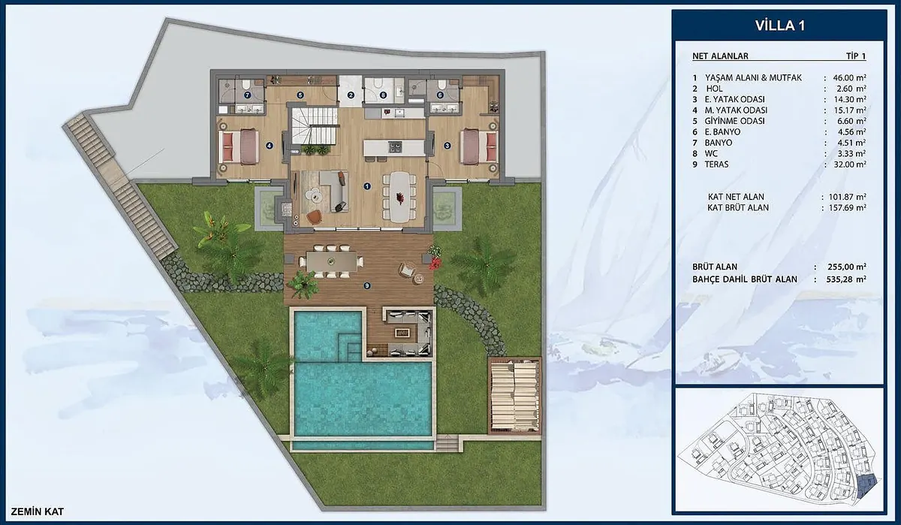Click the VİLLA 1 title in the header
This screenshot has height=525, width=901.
(x=780, y=26)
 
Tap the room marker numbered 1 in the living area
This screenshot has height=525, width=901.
(x=367, y=186)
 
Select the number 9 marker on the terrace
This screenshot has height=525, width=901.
(x=367, y=285)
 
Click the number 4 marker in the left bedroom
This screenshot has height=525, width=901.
(x=270, y=146)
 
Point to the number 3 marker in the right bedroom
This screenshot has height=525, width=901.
(x=447, y=146)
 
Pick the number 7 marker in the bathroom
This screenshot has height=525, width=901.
(x=247, y=95)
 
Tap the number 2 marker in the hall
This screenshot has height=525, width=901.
(x=351, y=95)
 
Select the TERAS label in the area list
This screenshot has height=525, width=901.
(x=716, y=164)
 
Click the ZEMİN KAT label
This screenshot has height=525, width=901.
(x=38, y=511)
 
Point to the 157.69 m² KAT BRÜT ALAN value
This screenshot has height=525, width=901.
(x=848, y=207)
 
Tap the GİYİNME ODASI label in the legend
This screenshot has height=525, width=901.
(x=734, y=121)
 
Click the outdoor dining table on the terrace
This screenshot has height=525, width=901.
(x=331, y=262)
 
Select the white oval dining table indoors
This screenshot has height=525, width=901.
(x=400, y=197)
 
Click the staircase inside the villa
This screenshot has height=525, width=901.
(x=314, y=125)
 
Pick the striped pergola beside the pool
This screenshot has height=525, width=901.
(x=515, y=396)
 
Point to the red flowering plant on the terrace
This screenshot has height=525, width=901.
(x=434, y=263)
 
